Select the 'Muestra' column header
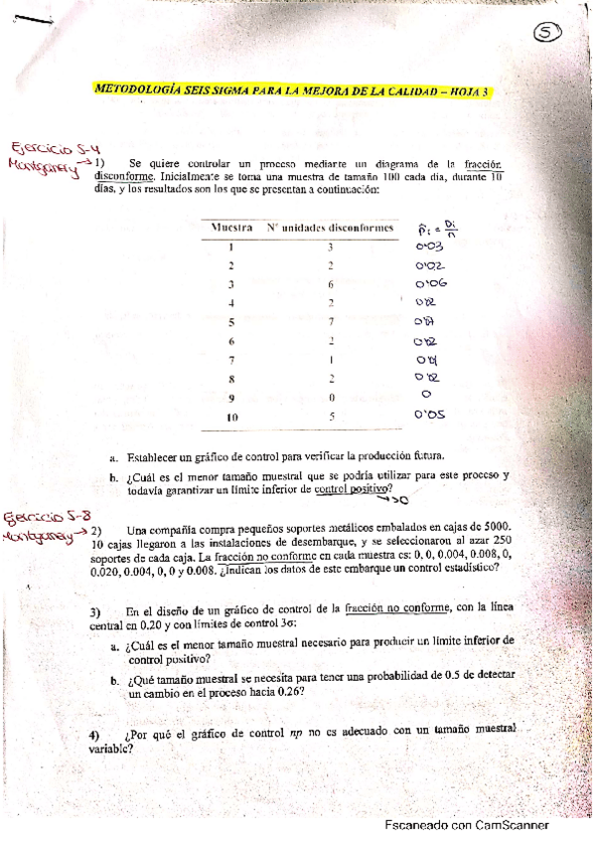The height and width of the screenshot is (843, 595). pyautogui.click(x=230, y=228)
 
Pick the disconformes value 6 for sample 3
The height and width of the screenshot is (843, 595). pyautogui.click(x=332, y=284)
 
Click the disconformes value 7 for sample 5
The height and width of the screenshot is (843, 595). pyautogui.click(x=332, y=322)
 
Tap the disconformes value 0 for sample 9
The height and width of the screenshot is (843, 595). pyautogui.click(x=332, y=398)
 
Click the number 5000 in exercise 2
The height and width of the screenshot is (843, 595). pyautogui.click(x=496, y=527)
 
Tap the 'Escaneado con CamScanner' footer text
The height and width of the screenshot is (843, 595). pyautogui.click(x=466, y=825)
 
